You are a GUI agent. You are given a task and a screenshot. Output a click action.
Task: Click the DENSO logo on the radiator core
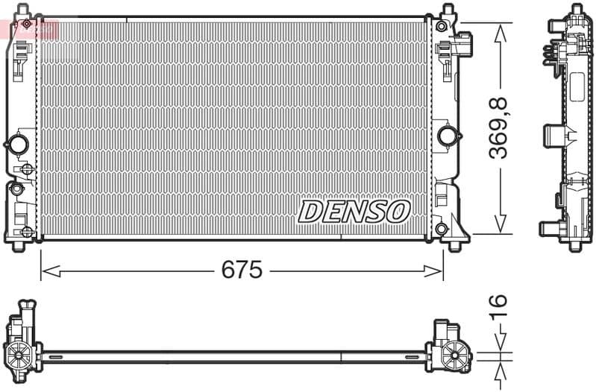(354, 211)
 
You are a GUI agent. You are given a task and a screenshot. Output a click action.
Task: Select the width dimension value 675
(242, 270)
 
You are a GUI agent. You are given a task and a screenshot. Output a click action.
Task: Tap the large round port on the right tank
(448, 136)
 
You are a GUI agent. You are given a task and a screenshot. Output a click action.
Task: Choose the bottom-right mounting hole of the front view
(441, 228)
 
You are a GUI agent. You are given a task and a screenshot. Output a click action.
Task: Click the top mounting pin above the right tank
(448, 11)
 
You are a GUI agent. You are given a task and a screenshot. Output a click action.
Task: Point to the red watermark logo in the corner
(30, 28)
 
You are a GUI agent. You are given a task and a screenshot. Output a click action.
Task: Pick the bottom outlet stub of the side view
(549, 227)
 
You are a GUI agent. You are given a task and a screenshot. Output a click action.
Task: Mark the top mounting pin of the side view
(576, 9)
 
